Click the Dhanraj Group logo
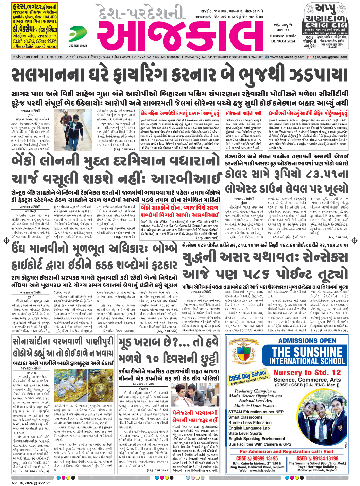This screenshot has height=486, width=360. [x=78, y=35]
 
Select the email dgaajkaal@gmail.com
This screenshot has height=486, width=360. [x=330, y=57]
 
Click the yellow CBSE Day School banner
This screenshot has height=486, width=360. [x=247, y=377]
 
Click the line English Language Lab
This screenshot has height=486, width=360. [x=249, y=428]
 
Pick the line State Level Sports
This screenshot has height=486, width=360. [x=245, y=433]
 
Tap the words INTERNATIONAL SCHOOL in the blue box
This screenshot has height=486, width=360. [x=307, y=361]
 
